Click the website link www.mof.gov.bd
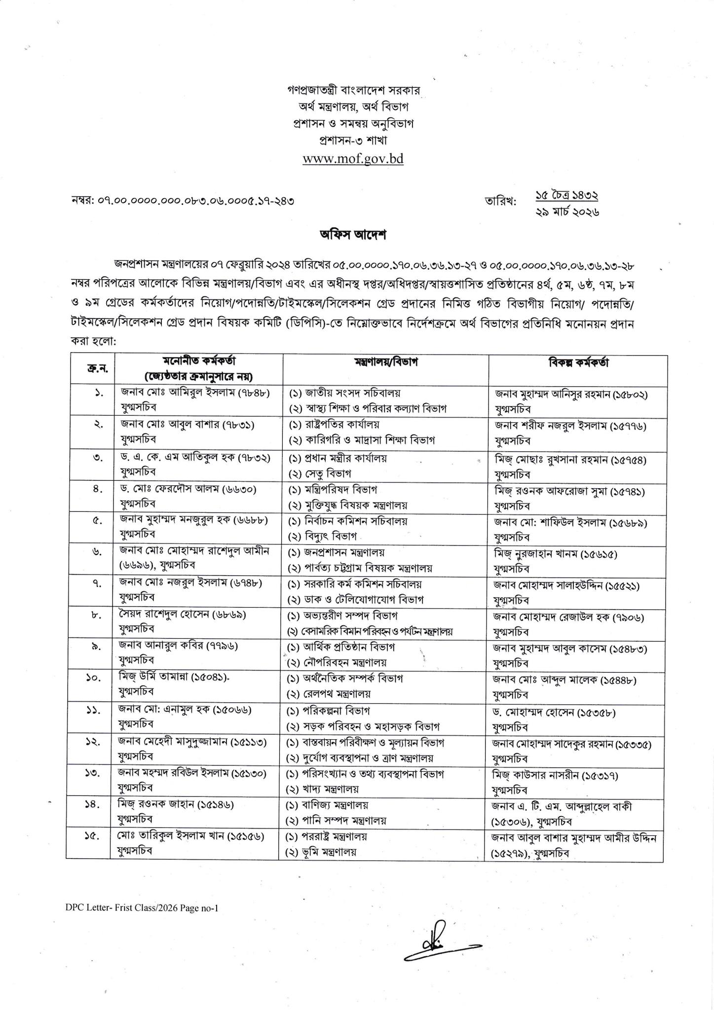click(x=353, y=159)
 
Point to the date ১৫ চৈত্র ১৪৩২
click(x=567, y=196)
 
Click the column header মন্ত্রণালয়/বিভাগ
click(x=386, y=362)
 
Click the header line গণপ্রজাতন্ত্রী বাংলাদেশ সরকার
click(x=353, y=91)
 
